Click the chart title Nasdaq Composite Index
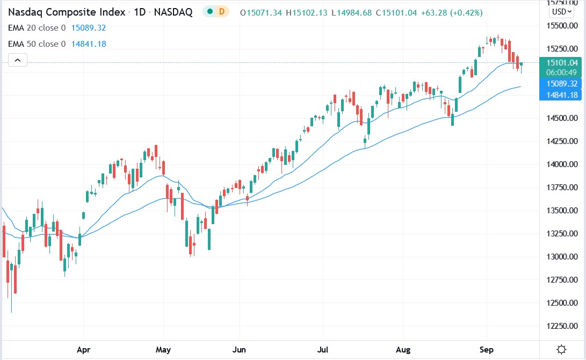pyautogui.click(x=67, y=12)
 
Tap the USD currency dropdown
pyautogui.click(x=562, y=11)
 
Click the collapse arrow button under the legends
pyautogui.click(x=17, y=60)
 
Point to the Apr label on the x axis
pyautogui.click(x=83, y=350)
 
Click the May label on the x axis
pyautogui.click(x=163, y=350)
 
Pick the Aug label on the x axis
pyautogui.click(x=403, y=350)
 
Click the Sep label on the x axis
pyautogui.click(x=486, y=350)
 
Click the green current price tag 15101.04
pyautogui.click(x=561, y=62)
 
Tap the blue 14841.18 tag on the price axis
pyautogui.click(x=561, y=95)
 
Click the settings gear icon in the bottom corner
pyautogui.click(x=561, y=350)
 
